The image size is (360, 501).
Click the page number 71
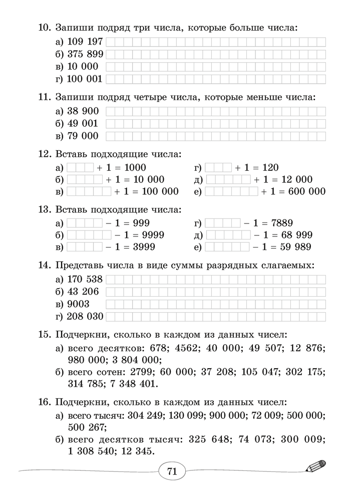pos(172,471)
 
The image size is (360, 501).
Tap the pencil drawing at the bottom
pos(315,467)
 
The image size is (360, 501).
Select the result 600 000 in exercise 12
pos(305,191)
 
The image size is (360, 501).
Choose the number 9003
pos(78,304)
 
